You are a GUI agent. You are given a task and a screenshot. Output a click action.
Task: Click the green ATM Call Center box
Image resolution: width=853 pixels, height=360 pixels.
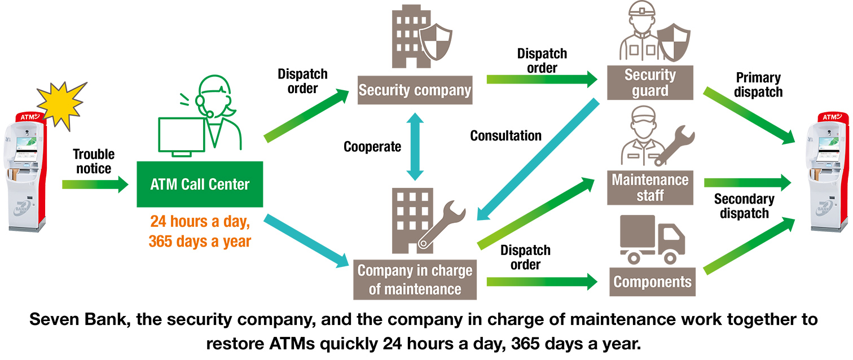point(200,184)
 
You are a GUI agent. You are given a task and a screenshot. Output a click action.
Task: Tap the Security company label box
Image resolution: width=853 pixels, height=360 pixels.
point(415,90)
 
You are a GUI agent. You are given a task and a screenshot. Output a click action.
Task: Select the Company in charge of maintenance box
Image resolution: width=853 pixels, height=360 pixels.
point(415,279)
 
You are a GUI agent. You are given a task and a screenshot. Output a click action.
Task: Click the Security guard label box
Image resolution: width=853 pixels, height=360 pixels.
point(650,83)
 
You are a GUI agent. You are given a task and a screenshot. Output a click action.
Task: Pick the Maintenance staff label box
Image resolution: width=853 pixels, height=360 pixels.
point(650,188)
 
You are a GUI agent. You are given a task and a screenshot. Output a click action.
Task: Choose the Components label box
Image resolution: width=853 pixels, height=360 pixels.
point(652,282)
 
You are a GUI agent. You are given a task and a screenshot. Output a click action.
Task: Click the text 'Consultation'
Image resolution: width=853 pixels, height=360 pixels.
point(505,136)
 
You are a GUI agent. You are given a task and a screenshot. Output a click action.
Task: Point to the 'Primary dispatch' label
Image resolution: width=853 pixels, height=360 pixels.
point(759,85)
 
